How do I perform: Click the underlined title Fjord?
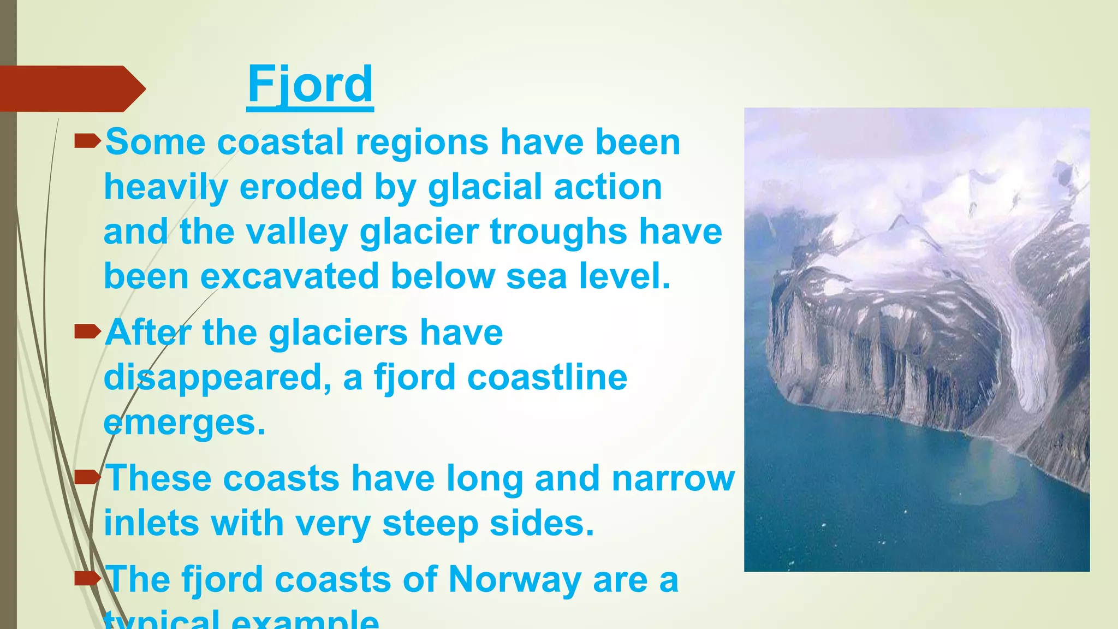(310, 85)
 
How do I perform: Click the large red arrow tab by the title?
(71, 88)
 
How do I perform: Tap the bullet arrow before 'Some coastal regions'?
(87, 142)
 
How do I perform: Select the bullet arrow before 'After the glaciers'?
(87, 331)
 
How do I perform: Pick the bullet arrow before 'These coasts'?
(87, 478)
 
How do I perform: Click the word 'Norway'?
(514, 580)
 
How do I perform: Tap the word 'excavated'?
(289, 276)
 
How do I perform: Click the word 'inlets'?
(151, 523)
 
